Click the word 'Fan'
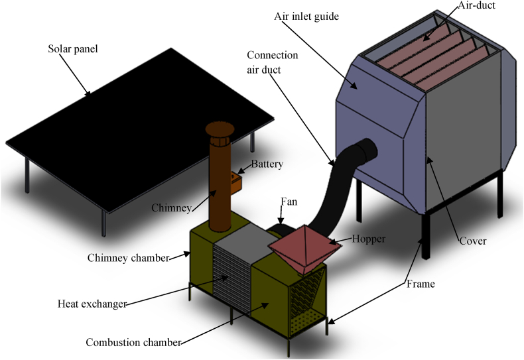(x=288, y=200)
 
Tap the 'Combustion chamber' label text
(x=133, y=343)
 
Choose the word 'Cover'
(x=473, y=241)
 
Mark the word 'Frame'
(x=421, y=284)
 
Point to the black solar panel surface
(x=139, y=126)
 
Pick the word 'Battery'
(x=267, y=164)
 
